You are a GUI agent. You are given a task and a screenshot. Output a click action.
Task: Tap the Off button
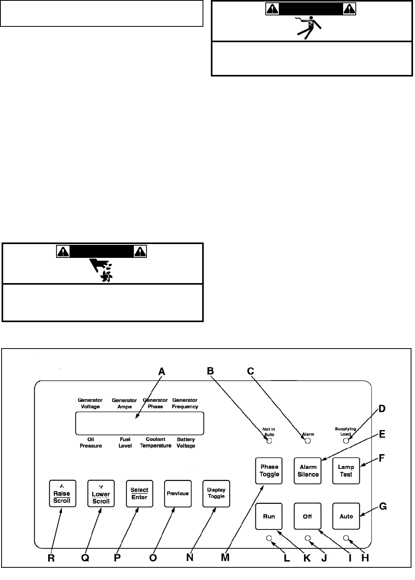click(x=308, y=517)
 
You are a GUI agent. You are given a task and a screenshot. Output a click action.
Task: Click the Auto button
click(x=346, y=517)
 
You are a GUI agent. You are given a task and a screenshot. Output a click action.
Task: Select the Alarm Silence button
click(x=308, y=471)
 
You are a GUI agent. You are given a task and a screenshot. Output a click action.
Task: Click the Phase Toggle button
click(x=269, y=471)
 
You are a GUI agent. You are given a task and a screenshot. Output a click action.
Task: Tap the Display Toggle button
click(x=216, y=493)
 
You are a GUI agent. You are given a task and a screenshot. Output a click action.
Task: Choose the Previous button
click(x=178, y=493)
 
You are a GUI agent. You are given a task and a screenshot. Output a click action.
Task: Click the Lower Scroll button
click(x=101, y=494)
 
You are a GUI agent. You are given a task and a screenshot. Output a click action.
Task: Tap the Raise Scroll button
click(x=62, y=494)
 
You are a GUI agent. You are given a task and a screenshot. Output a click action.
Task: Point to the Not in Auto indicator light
click(x=270, y=441)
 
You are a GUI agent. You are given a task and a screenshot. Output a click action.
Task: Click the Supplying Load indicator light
click(x=346, y=440)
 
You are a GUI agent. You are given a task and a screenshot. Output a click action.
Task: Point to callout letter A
click(x=161, y=371)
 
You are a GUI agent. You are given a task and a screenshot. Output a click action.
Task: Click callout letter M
click(x=225, y=558)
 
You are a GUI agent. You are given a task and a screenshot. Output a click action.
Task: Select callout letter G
click(x=383, y=507)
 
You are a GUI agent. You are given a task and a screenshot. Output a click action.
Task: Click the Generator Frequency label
click(x=185, y=403)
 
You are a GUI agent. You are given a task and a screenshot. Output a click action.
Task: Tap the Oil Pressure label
click(x=90, y=442)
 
